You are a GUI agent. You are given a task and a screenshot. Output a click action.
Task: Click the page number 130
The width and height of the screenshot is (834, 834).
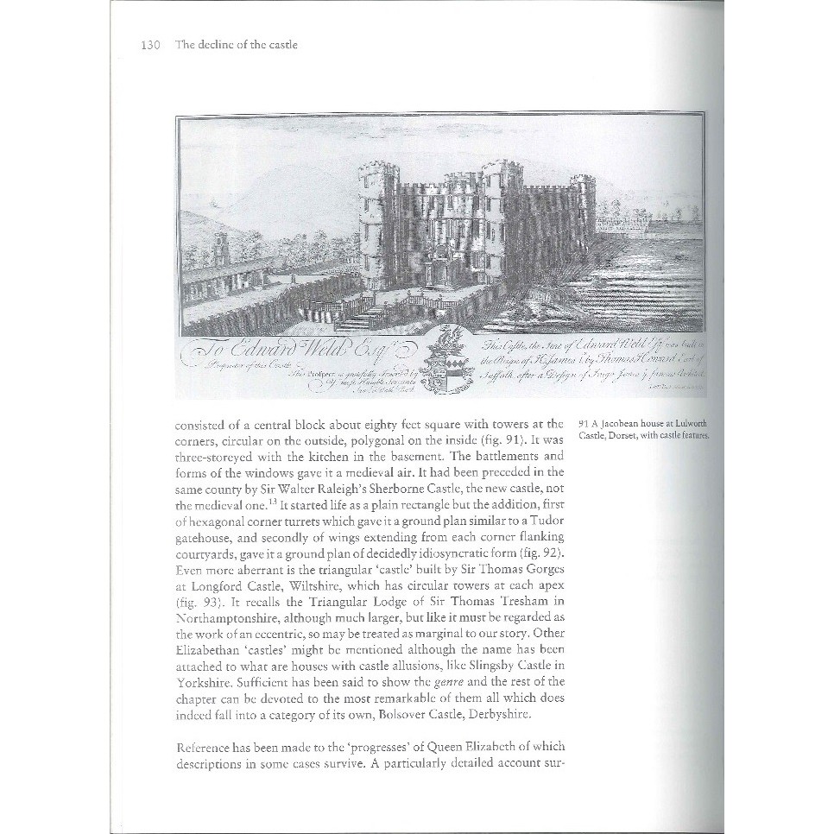pos(151,45)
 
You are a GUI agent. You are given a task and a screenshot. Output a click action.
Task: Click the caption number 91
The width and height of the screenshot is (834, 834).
pos(584,423)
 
